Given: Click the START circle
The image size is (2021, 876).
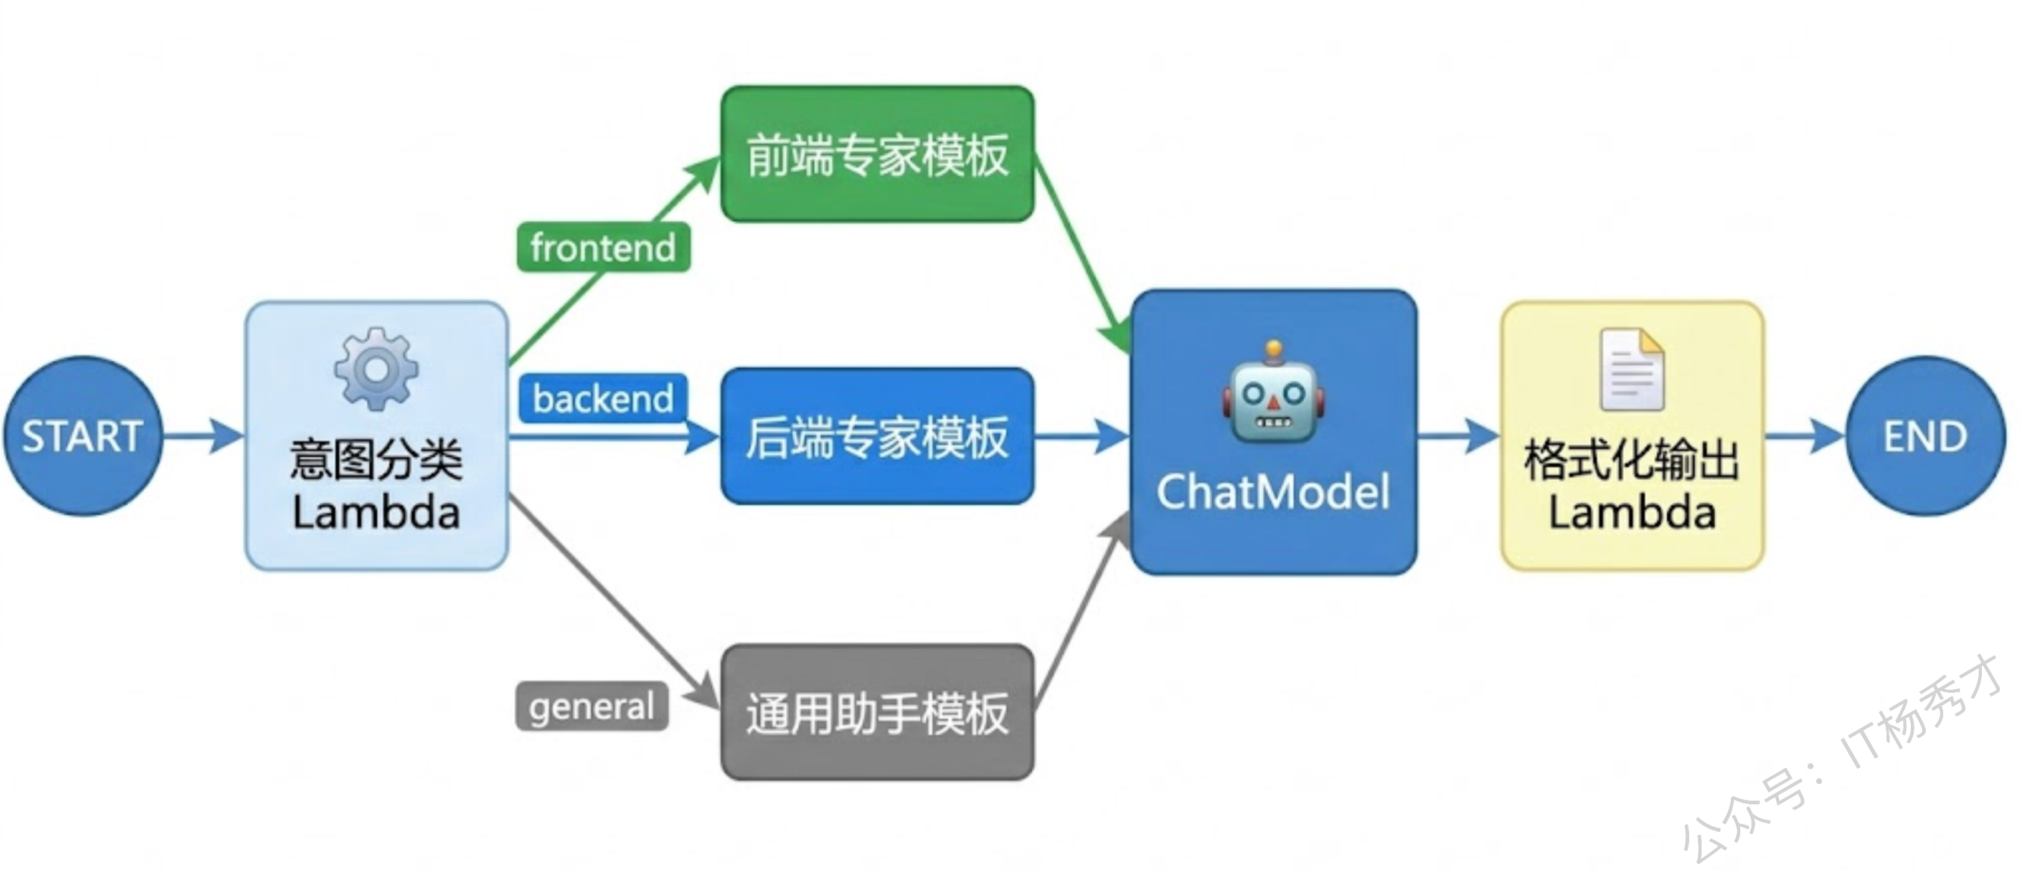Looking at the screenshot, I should coord(82,436).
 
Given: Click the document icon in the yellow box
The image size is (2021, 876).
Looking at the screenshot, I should coord(1632,369).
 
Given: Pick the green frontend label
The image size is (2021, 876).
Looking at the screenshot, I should coord(603,248).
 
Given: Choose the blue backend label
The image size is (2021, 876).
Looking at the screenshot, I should coord(603,399).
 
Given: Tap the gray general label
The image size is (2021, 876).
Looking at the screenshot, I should coord(591,707).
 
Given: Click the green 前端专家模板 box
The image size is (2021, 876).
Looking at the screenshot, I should coord(877,155).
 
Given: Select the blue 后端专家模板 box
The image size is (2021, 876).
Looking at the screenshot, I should coord(877,436).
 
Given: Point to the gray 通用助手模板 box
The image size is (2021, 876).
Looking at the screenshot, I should coord(877,713).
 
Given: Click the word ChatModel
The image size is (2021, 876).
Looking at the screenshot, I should coord(1273,492).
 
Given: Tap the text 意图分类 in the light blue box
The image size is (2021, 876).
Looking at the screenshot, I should coord(376,459).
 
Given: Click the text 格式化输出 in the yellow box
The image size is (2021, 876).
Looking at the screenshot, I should coord(1632,459).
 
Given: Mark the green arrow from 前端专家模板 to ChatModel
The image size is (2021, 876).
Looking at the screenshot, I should coord(1083,251).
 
